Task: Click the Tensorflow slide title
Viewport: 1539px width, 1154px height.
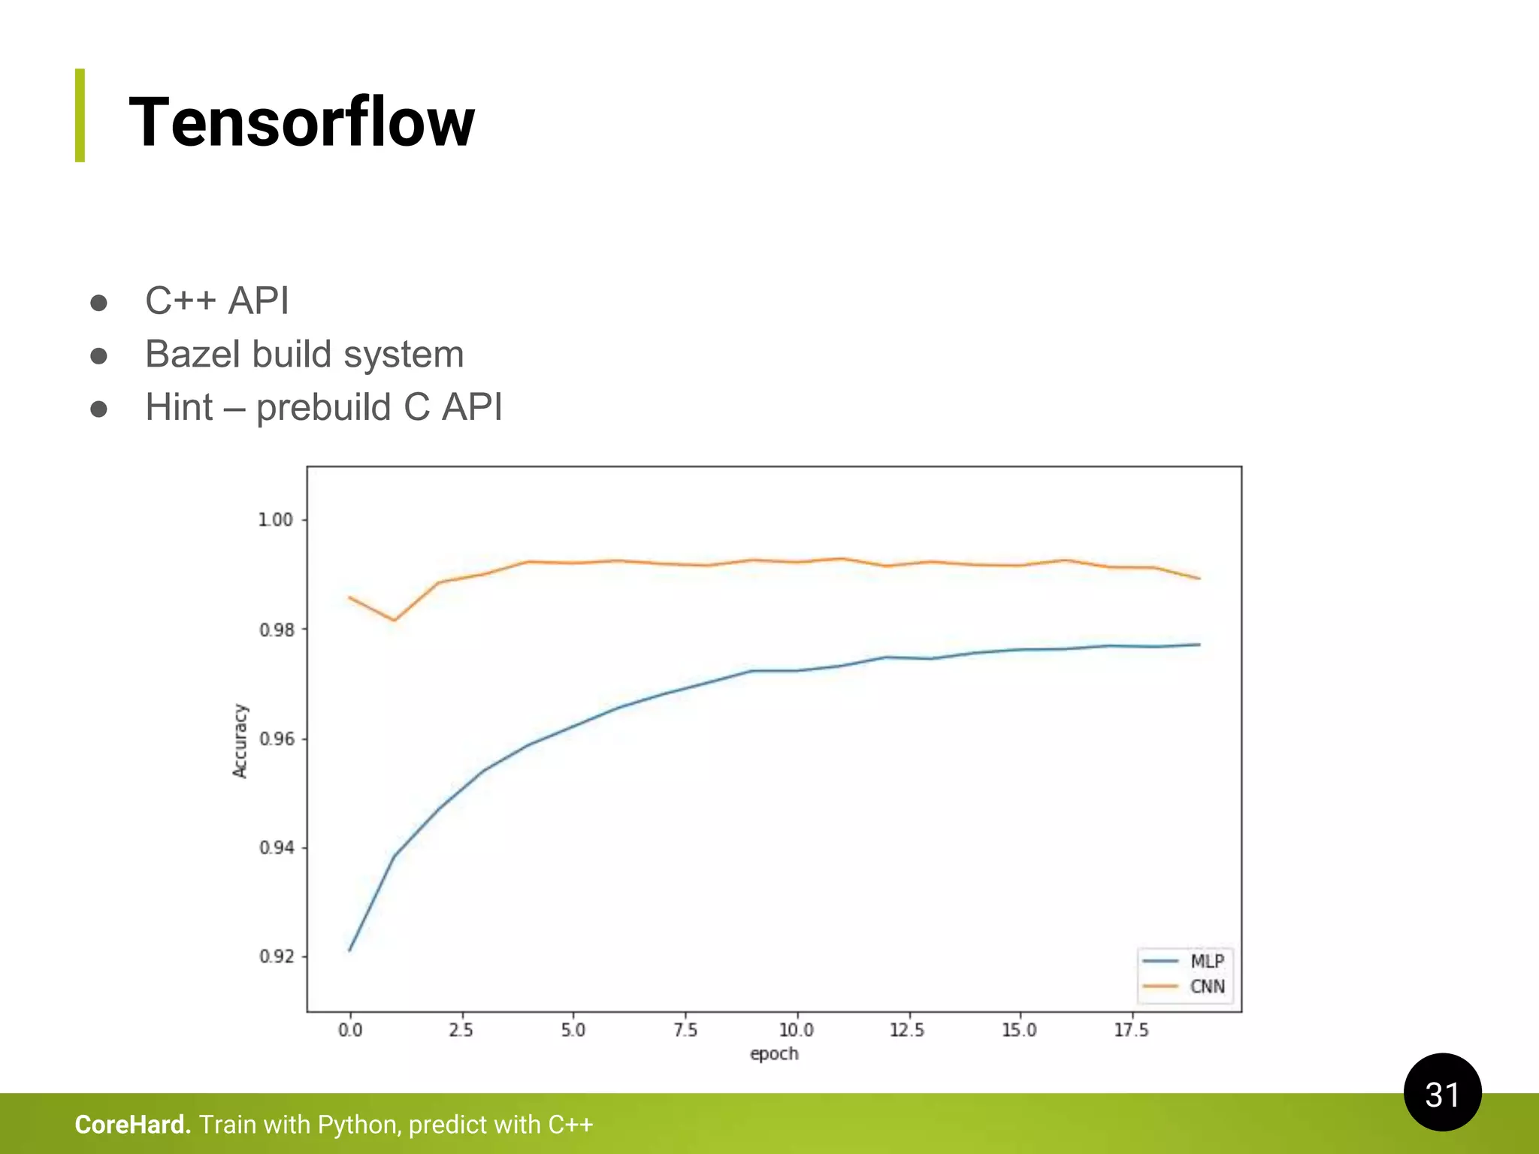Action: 301,122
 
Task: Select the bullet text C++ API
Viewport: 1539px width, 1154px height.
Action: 216,301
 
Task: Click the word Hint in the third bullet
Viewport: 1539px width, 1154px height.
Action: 179,407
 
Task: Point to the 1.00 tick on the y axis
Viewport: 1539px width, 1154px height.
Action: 275,520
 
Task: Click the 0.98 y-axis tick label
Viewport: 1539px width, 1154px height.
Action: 276,630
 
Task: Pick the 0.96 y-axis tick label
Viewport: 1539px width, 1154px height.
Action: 276,739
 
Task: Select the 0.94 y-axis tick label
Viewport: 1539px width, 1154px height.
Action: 276,847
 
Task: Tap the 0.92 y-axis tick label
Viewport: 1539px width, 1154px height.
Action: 276,956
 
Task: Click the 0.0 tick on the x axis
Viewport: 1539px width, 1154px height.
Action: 350,1030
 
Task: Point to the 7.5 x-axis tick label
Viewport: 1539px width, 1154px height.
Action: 685,1030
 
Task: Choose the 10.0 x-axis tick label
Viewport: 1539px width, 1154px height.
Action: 796,1030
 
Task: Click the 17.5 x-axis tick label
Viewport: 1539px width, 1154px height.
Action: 1131,1030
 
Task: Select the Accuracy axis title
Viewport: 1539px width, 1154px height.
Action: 240,741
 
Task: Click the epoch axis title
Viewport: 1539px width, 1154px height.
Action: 774,1053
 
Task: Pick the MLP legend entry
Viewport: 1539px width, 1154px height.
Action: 1206,961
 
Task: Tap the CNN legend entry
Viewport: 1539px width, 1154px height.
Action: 1206,986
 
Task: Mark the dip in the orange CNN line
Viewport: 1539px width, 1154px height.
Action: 394,620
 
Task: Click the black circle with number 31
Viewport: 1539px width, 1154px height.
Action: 1442,1092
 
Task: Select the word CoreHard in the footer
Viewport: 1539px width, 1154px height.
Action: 132,1125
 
